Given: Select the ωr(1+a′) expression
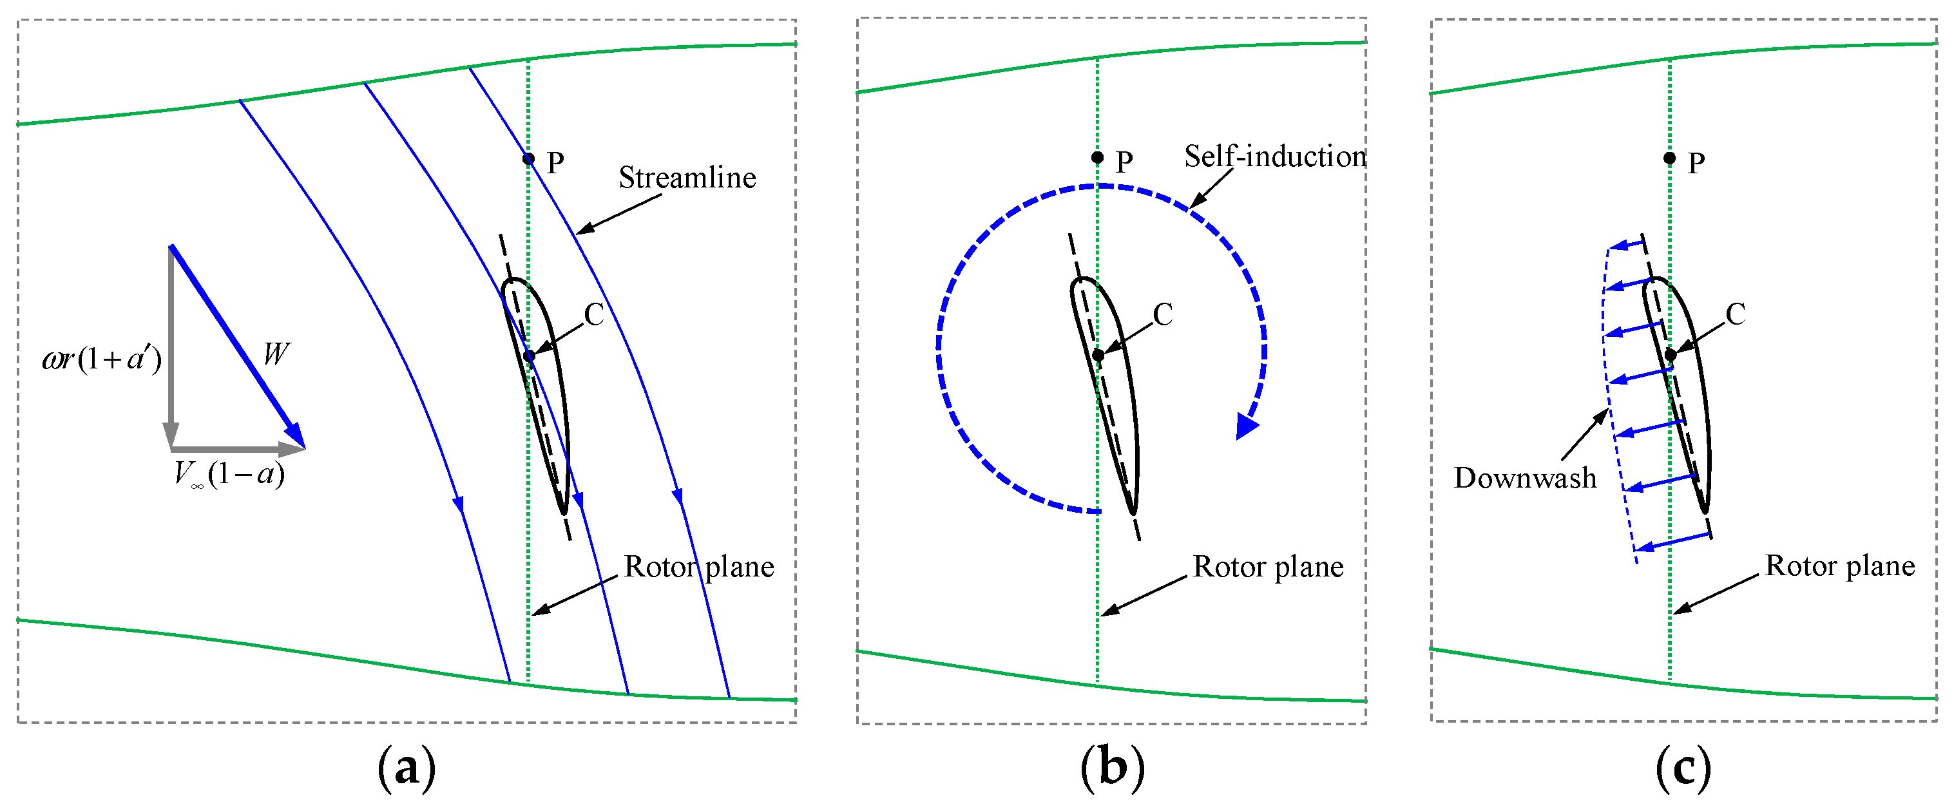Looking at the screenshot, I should [102, 359].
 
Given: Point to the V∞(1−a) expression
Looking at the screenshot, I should [229, 475].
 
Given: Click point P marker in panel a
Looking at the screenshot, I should [529, 158].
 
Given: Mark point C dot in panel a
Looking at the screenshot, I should [530, 355].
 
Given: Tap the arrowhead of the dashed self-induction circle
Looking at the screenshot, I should [1245, 426].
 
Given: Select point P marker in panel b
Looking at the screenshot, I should [1098, 158].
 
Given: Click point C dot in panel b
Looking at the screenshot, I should [1098, 355].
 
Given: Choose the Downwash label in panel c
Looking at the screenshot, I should [1525, 479].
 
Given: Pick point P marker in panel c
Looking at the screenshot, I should [1669, 158].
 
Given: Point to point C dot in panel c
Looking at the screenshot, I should [1671, 355].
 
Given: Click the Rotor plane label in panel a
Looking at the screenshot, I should [698, 567].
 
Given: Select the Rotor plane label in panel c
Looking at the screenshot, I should [1839, 566].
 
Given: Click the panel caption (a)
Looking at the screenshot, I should [407, 768].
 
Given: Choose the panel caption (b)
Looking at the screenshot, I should [1113, 768].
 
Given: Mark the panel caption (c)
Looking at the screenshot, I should [1683, 768].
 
